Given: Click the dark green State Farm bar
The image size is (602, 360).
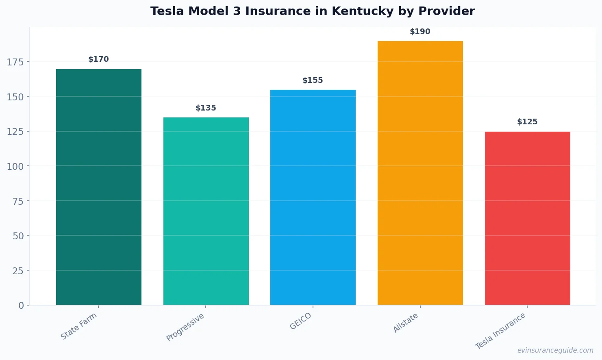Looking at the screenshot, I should click(x=99, y=187).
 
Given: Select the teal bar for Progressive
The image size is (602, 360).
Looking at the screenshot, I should click(x=206, y=211).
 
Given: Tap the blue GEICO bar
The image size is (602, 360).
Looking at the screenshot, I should click(x=313, y=197).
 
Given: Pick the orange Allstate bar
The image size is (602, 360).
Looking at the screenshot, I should click(x=420, y=173).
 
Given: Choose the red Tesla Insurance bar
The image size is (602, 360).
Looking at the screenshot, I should click(x=527, y=218).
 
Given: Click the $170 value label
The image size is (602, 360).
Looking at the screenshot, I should click(x=99, y=59).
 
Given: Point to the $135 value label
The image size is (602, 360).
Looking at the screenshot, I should click(x=206, y=108).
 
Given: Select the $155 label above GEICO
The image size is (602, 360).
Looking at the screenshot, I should click(x=313, y=80).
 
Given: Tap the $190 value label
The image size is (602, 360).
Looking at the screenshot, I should click(x=420, y=32).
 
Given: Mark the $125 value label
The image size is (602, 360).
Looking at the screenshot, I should click(x=527, y=122).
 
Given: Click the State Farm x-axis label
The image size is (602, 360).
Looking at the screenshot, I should click(x=79, y=326).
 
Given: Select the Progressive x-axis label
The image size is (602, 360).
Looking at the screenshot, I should click(x=185, y=327).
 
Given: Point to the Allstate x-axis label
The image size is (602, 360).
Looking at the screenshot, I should click(x=406, y=323).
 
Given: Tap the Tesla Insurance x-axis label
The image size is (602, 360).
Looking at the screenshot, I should click(x=500, y=331).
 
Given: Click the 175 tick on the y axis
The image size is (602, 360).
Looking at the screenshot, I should click(x=15, y=62).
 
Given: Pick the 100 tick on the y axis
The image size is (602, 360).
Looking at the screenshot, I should click(x=15, y=166).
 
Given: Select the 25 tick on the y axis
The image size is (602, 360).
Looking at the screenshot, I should click(x=17, y=271).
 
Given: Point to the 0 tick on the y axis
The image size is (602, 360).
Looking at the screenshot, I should click(x=21, y=306).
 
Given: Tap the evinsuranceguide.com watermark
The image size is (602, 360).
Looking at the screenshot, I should click(x=555, y=350).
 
